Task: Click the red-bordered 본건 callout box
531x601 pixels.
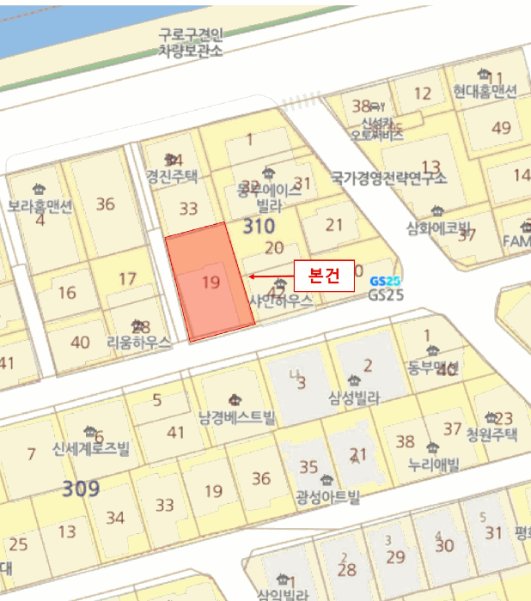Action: point(323,276)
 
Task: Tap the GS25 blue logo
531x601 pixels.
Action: point(385,281)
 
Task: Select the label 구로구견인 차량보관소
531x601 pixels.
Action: point(190,43)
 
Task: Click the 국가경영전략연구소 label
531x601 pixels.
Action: point(389,179)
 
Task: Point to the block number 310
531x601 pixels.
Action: point(259,227)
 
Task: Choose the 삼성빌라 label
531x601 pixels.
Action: point(354,398)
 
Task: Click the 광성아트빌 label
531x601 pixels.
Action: point(327,497)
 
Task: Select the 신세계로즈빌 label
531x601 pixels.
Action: point(89,448)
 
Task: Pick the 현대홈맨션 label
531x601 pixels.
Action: point(485,91)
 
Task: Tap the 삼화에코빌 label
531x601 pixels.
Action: point(440,228)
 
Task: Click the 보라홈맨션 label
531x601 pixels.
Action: point(40,206)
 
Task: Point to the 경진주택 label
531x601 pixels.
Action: point(172,177)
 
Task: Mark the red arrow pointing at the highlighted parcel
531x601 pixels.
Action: point(269,276)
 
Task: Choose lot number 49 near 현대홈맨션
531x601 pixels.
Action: point(501,128)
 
